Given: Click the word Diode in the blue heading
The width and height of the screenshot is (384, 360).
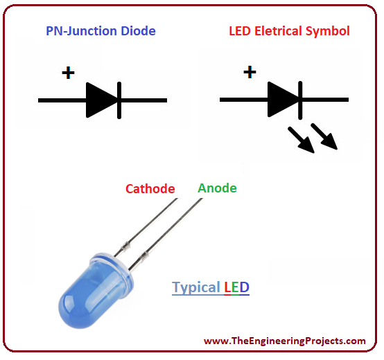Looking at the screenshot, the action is [x=139, y=31].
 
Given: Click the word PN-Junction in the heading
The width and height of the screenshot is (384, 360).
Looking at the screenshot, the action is [x=81, y=32].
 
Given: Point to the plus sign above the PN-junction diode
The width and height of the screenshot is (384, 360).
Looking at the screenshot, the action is [x=68, y=73].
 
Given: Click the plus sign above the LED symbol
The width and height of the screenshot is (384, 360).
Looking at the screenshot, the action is [x=250, y=72].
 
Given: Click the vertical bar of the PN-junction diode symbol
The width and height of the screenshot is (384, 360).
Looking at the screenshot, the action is [x=119, y=100].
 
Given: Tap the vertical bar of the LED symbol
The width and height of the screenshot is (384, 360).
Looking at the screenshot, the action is [x=300, y=100].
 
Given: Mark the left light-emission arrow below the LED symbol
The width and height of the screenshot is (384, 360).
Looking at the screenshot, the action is [x=301, y=140].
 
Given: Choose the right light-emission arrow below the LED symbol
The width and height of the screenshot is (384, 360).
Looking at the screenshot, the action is [x=324, y=136].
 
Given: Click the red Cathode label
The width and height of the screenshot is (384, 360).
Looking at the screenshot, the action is [x=150, y=189].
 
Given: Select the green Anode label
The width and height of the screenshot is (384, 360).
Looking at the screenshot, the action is [x=217, y=188].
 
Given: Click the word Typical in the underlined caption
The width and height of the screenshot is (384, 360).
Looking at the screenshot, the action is [x=196, y=287].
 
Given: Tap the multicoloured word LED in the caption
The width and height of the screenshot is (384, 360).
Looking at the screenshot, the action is [x=237, y=287].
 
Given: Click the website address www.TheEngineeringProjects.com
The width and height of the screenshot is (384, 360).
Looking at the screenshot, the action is [x=285, y=341].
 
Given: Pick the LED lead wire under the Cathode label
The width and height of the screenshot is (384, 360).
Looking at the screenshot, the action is [x=146, y=228].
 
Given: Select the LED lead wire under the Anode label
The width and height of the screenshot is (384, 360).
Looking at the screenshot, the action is [x=166, y=234].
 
